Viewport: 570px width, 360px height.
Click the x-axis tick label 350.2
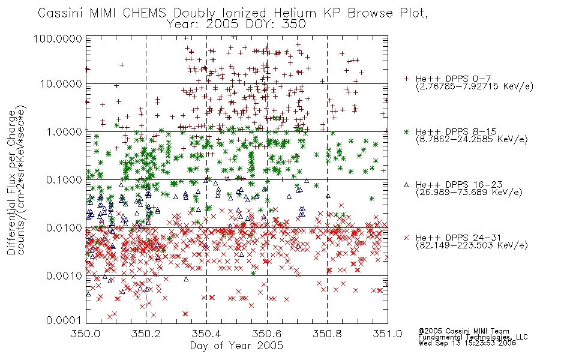[x=146, y=334]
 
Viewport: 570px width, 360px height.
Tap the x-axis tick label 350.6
[x=267, y=334]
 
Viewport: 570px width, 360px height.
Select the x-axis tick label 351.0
[x=388, y=334]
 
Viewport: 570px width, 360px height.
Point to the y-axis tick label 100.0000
[x=58, y=39]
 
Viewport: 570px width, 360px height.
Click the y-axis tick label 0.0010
[x=64, y=276]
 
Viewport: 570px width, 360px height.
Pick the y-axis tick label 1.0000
[x=64, y=131]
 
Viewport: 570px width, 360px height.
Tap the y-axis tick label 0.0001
[x=64, y=320]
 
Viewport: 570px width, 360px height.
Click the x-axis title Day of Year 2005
[x=236, y=346]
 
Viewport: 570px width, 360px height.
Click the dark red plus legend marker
[x=406, y=79]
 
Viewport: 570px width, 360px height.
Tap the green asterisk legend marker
[x=406, y=131]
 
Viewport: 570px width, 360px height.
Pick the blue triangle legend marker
[x=406, y=185]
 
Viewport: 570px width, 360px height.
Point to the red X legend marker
[x=406, y=238]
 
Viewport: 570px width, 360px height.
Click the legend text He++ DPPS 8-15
[x=456, y=131]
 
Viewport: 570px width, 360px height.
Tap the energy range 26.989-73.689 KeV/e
[x=469, y=193]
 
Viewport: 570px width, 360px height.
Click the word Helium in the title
[x=295, y=13]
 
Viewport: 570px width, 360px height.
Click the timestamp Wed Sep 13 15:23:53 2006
[x=467, y=343]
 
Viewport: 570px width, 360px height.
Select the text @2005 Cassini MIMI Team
[x=464, y=331]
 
